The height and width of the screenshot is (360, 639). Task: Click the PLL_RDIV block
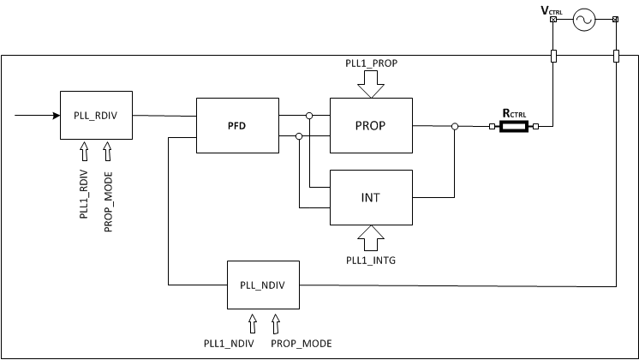pyautogui.click(x=95, y=114)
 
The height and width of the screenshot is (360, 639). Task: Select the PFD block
pyautogui.click(x=236, y=125)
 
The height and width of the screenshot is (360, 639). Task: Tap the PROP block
pyautogui.click(x=371, y=125)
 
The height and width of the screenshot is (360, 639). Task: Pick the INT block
pyautogui.click(x=371, y=197)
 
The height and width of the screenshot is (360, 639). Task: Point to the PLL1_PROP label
pyautogui.click(x=371, y=62)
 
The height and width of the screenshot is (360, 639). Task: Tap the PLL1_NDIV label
pyautogui.click(x=252, y=343)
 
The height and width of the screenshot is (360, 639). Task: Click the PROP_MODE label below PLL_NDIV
pyautogui.click(x=301, y=343)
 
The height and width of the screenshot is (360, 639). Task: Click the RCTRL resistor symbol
pyautogui.click(x=514, y=127)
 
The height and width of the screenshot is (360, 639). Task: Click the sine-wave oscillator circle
pyautogui.click(x=584, y=20)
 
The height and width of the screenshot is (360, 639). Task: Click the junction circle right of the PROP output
pyautogui.click(x=455, y=127)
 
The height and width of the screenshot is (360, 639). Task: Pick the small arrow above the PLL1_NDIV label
pyautogui.click(x=252, y=322)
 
